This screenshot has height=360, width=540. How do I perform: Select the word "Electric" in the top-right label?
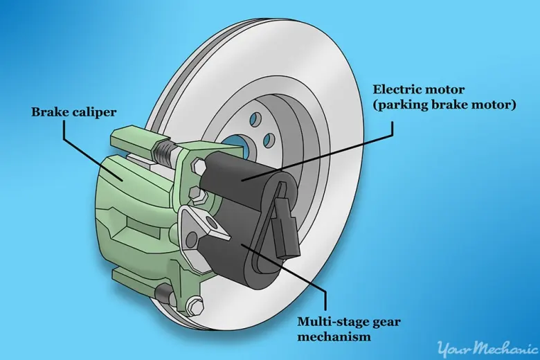pos(397,89)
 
